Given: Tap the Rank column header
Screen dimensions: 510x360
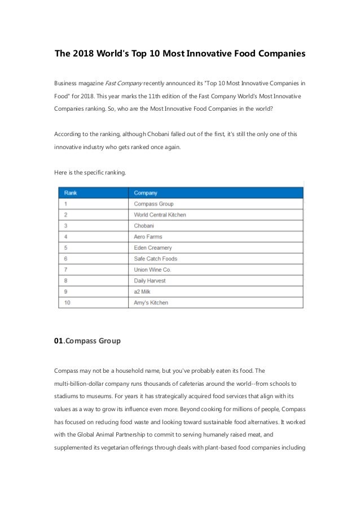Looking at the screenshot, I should coord(71,193).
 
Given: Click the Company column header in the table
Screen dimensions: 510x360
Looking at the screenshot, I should coord(146,193).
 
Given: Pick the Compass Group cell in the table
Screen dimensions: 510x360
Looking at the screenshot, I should coord(153,204).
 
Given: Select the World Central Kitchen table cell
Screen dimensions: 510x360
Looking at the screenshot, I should coord(160,215).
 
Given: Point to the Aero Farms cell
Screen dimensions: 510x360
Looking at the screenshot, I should coord(148,237).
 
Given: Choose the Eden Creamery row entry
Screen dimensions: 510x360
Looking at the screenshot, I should coord(153,248).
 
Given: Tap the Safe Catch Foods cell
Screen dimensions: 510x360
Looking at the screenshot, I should coord(155,259).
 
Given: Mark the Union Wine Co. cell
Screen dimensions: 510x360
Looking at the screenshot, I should coord(152,270).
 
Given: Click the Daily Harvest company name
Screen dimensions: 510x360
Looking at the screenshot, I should coord(150,281).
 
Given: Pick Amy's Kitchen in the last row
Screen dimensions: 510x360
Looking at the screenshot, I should coord(151,303).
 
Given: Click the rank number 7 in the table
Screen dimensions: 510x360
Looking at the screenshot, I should coord(65,270).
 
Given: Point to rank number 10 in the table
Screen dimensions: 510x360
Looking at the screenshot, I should coord(67,303).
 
